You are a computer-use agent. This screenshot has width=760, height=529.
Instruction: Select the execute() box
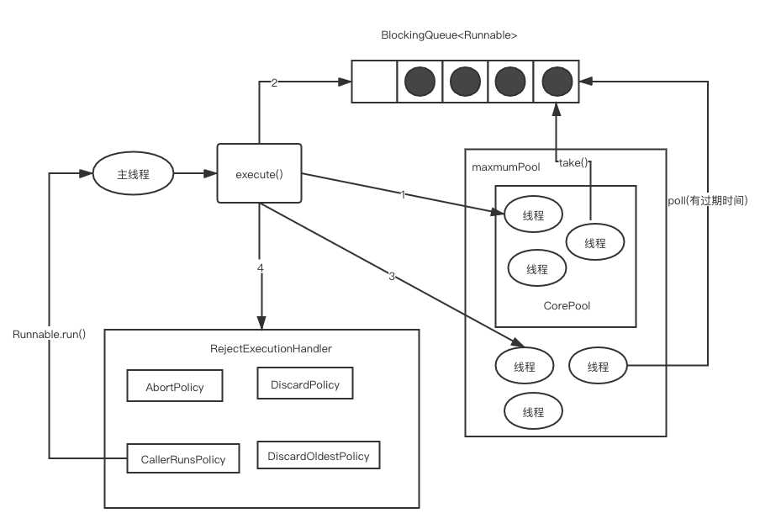tap(259, 174)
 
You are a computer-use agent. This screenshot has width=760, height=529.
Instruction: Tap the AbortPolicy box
tap(174, 388)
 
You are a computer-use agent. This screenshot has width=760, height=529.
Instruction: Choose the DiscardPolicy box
tap(305, 384)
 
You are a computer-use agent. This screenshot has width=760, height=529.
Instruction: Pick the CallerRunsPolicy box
tap(182, 459)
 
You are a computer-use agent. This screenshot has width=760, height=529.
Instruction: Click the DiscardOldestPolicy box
tap(318, 456)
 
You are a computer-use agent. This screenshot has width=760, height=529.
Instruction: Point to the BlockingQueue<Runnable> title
tap(449, 35)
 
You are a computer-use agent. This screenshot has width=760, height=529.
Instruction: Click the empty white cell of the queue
tap(374, 82)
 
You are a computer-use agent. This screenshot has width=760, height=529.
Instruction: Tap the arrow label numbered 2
tap(274, 82)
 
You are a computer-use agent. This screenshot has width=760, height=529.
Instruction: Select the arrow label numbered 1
tap(402, 195)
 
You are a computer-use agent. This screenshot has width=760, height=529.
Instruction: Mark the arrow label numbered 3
tap(392, 276)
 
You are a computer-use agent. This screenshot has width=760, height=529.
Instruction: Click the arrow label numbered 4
tap(261, 267)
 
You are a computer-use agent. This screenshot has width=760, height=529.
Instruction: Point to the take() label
tap(573, 162)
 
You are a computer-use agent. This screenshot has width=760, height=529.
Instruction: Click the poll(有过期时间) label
tap(708, 200)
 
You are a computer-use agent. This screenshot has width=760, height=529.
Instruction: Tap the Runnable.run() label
tap(49, 334)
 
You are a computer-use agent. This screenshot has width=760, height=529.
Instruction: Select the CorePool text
tap(567, 305)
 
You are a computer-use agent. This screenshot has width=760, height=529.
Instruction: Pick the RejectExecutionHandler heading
tap(271, 348)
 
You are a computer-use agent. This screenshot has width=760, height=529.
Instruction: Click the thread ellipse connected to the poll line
tap(598, 366)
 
